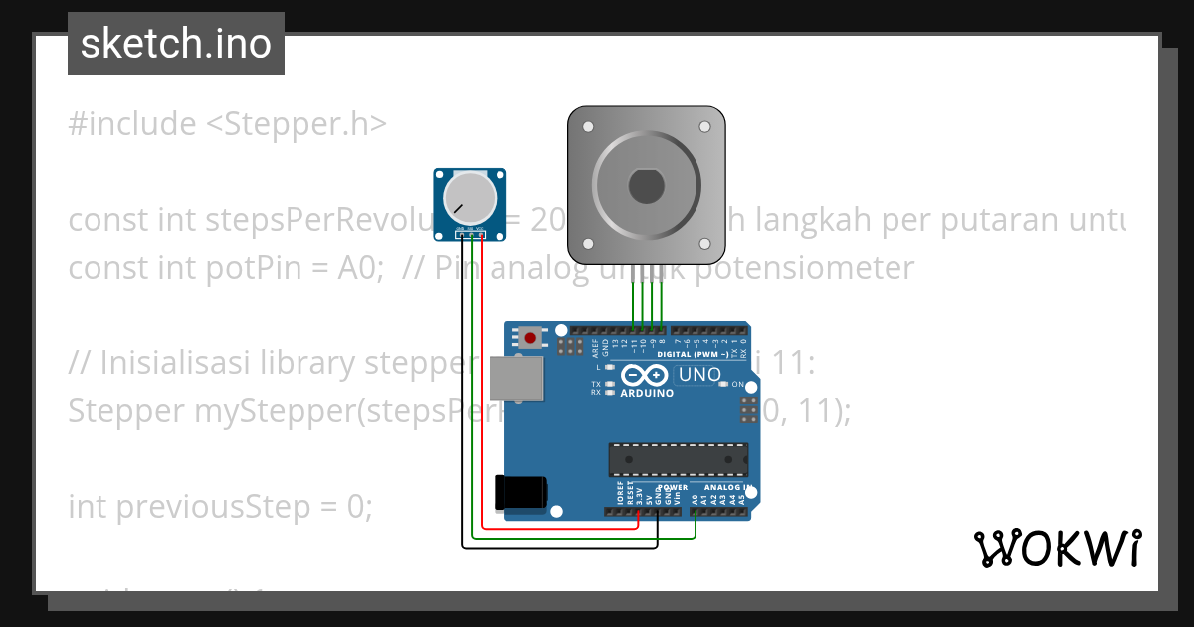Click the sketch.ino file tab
coord(176,44)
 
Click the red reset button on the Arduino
coord(530,338)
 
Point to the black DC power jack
coord(519,491)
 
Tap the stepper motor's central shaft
coord(646,186)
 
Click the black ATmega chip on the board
coord(678,458)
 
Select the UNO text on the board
coord(699,375)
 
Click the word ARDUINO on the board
coord(647,393)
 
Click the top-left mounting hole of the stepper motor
coord(587,127)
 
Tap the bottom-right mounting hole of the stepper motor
coord(705,245)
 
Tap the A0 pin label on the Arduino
coord(695,497)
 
